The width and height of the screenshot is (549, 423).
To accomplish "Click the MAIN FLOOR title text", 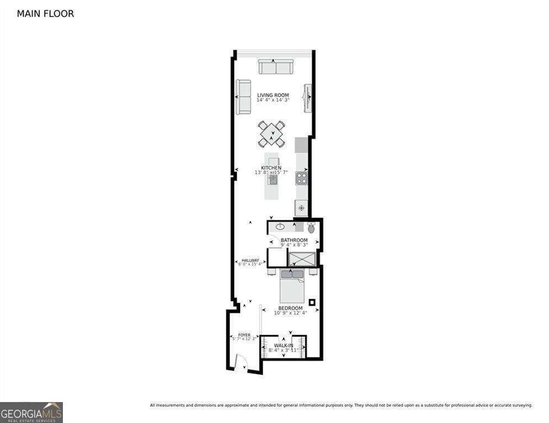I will (x=45, y=14).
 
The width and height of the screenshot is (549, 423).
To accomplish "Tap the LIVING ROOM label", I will (x=273, y=95).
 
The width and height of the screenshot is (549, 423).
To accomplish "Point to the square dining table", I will (x=272, y=133).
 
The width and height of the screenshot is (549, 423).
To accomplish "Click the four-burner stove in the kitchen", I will (x=301, y=178).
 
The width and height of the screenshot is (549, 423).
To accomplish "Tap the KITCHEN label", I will (x=271, y=168).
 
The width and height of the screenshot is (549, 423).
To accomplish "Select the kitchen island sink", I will (x=273, y=179).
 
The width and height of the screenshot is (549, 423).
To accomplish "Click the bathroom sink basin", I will (x=280, y=226).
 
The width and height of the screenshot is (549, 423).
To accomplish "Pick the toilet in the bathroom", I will (x=311, y=227).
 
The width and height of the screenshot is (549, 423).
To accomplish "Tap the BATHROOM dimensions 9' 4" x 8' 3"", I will (x=294, y=245).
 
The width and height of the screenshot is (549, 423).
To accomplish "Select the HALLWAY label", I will (x=250, y=261).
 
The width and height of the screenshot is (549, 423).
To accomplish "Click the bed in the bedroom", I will (x=292, y=286).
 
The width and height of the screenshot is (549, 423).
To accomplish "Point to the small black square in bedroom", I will (x=312, y=302).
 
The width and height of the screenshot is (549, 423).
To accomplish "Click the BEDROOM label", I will (x=290, y=308).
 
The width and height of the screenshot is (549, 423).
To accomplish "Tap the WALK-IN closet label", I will (x=284, y=346).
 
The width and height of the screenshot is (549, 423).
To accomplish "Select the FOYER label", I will (x=244, y=335).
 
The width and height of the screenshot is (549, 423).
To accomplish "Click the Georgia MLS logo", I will (x=31, y=412).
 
